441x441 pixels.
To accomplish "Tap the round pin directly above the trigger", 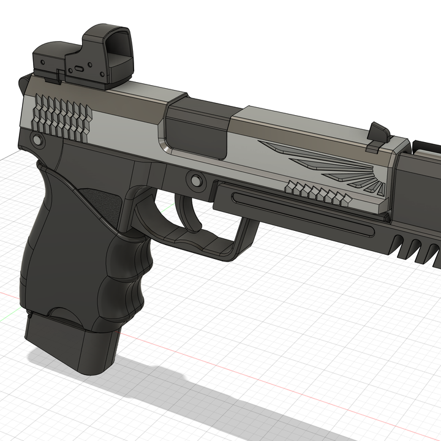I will coord(197,180).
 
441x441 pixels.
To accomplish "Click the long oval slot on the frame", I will coord(300,211).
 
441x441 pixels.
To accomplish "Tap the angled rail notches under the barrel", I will coord(417,248).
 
